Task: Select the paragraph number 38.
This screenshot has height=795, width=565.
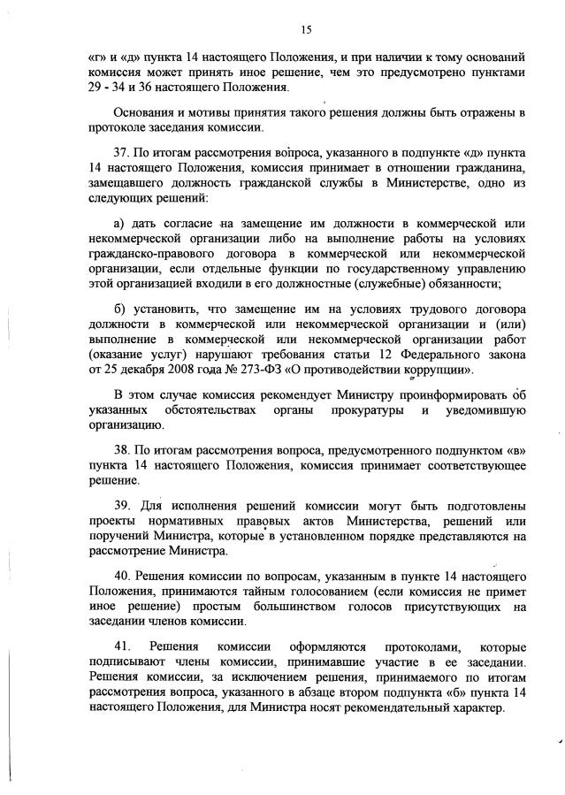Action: (x=125, y=449)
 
